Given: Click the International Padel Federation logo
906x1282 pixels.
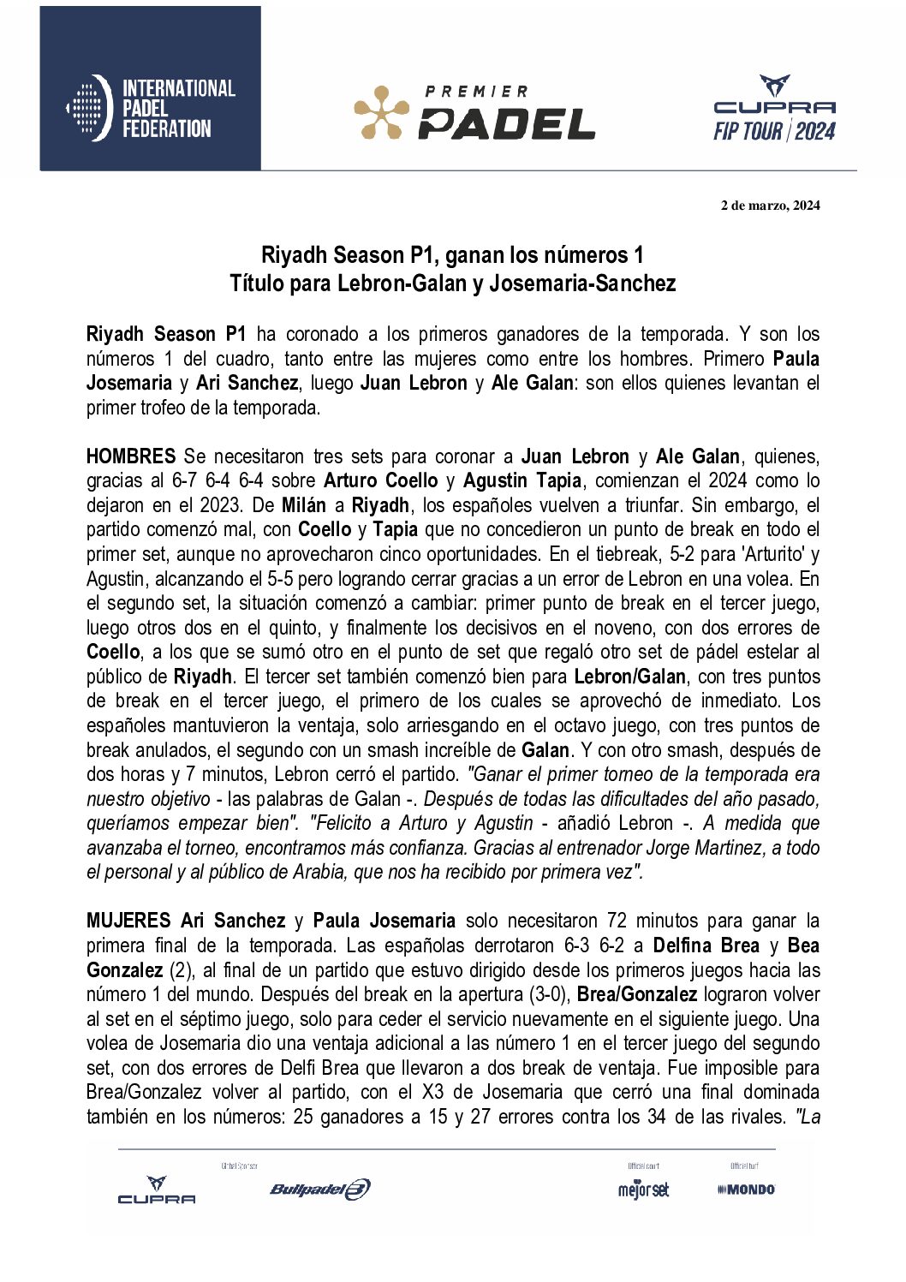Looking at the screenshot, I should coord(151,108).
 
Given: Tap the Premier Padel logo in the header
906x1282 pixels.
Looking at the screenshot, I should coord(474,112).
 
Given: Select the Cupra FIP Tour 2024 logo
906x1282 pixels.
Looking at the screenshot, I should coord(774,109).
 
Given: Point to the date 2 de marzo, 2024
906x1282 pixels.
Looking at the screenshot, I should coord(770,205).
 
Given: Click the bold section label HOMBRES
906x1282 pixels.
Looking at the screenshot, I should coord(130,456).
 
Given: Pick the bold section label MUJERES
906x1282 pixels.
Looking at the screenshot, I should coord(128,921).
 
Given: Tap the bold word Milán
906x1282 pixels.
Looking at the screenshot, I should coord(303,505).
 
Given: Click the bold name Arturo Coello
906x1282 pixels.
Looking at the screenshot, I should coord(380,480).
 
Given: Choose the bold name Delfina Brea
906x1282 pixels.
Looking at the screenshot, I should coord(706,945).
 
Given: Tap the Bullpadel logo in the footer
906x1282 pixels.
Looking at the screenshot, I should coord(320,1189).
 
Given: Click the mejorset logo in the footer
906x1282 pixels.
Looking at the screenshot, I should coord(643,1190).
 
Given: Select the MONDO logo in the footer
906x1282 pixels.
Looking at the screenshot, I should coord(746,1190).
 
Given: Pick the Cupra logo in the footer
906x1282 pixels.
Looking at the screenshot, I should coord(157,1190).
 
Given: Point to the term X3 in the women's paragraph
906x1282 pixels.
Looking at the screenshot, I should coord(432,1092).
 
